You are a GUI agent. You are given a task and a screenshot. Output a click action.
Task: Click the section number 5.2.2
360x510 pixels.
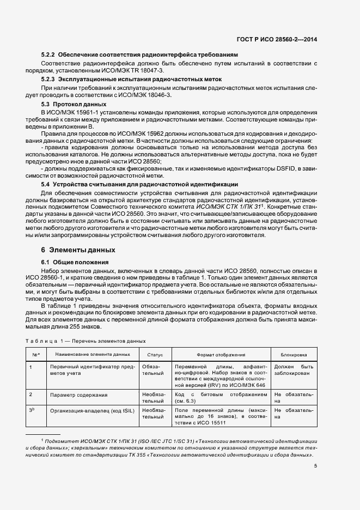click(49, 55)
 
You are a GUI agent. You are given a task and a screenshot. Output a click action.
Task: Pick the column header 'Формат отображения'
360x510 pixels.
click(221, 355)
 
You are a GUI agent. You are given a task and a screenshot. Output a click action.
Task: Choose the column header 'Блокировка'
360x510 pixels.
click(294, 355)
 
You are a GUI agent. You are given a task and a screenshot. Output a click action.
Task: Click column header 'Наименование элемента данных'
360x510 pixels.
click(89, 355)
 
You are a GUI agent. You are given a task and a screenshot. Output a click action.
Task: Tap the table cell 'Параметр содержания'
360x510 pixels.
click(79, 394)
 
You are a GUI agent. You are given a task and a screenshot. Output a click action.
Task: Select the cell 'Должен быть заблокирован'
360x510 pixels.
click(294, 371)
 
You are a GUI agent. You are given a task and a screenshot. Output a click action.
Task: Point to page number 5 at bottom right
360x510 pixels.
click(315, 465)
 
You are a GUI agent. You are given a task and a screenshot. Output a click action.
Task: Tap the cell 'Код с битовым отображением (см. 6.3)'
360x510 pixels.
click(221, 394)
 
